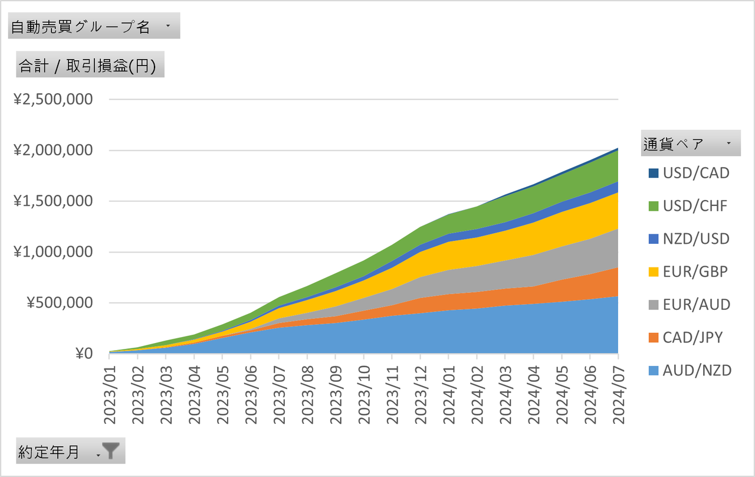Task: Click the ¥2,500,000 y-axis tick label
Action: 54,99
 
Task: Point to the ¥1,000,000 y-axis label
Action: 54,252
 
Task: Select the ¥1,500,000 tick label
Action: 54,201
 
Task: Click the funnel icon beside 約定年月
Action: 110,452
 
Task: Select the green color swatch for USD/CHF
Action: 653,206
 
